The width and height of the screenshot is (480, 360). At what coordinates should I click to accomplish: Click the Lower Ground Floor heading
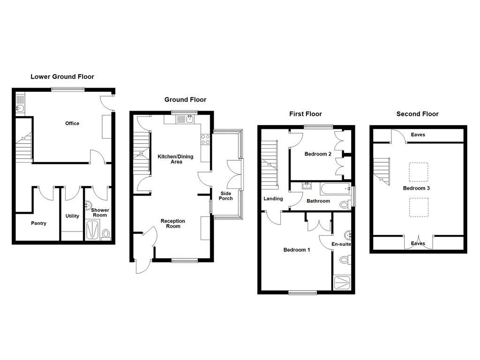tap(62, 77)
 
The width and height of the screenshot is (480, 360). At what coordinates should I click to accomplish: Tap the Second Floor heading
tap(417, 114)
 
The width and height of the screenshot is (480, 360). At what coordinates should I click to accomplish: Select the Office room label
tap(72, 123)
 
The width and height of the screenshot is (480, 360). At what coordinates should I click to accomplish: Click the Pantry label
tap(38, 224)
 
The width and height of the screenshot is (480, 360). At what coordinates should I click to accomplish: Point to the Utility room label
tap(72, 216)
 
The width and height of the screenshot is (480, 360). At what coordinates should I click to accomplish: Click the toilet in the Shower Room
tap(105, 233)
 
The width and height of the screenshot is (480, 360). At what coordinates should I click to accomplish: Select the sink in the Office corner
tap(20, 109)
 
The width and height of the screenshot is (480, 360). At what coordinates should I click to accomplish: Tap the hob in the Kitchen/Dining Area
tap(205, 139)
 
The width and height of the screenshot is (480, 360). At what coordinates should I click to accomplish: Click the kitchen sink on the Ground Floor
tap(189, 119)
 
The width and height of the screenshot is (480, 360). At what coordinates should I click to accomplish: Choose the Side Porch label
tap(225, 195)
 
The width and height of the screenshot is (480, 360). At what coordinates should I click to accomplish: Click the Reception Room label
tap(173, 224)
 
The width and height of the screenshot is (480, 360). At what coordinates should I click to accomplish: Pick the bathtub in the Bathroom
tap(335, 189)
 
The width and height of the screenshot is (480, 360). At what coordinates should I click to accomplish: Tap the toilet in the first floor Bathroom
tap(345, 204)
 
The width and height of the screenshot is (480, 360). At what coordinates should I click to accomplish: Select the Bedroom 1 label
tap(297, 250)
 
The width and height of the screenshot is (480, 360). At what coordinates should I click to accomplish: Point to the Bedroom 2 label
tap(318, 154)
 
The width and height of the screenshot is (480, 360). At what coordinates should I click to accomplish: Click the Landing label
tap(273, 199)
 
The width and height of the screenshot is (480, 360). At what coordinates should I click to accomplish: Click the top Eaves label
tap(418, 135)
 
